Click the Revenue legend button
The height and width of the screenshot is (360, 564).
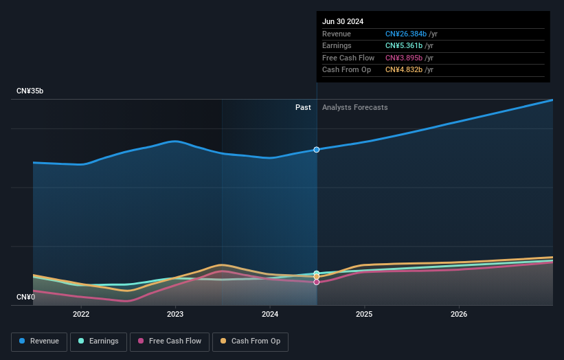click(x=40, y=341)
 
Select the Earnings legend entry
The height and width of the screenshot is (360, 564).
click(x=98, y=341)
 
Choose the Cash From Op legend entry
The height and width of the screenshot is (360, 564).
click(x=250, y=341)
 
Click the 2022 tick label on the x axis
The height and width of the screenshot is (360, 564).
click(x=81, y=314)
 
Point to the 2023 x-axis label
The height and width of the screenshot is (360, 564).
click(x=175, y=314)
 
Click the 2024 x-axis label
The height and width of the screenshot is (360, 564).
click(x=270, y=314)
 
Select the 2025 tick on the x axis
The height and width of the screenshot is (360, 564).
click(x=364, y=314)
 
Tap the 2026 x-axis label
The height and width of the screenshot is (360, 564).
click(x=459, y=314)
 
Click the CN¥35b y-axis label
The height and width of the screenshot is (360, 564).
click(x=30, y=91)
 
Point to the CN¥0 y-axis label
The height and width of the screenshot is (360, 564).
click(x=25, y=297)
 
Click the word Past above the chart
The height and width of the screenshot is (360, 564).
click(x=303, y=107)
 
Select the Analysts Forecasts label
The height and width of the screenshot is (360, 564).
click(x=354, y=107)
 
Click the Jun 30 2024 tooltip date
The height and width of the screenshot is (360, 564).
click(x=343, y=21)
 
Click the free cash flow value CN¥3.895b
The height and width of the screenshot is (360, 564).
click(x=406, y=58)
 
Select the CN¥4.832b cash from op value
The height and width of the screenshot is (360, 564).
click(x=406, y=70)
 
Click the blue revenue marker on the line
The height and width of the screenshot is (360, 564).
click(x=317, y=149)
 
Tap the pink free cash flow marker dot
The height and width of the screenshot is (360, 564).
click(x=317, y=282)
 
